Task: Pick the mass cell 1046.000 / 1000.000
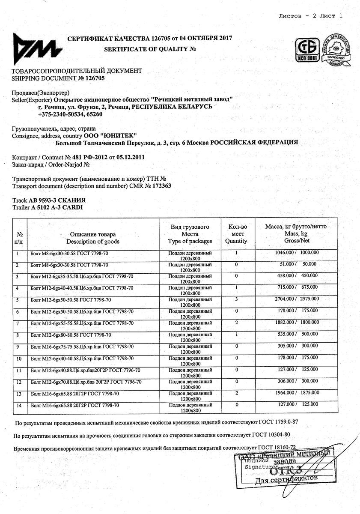tap(296, 253)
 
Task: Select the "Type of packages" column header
tap(190, 241)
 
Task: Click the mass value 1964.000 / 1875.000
tap(296, 393)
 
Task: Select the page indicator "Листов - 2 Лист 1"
tap(311, 16)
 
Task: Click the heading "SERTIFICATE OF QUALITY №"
tap(150, 49)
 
